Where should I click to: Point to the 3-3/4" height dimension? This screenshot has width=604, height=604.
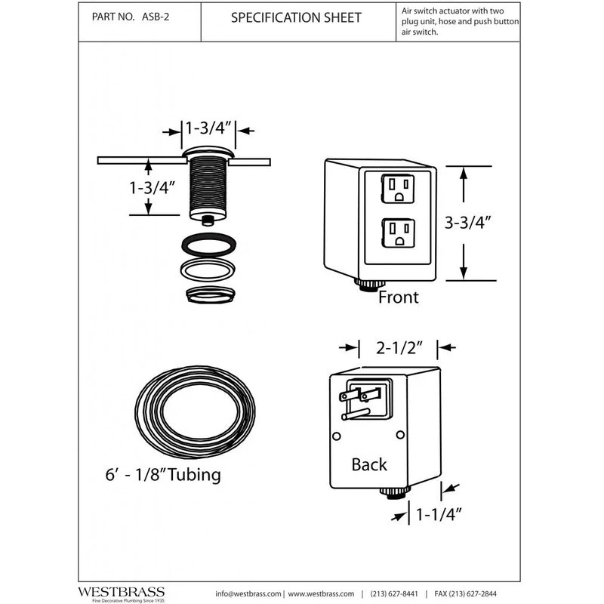[468, 223]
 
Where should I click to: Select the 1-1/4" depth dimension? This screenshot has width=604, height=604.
[439, 515]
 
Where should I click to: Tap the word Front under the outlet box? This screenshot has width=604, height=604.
[398, 297]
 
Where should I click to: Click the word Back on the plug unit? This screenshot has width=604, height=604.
[369, 464]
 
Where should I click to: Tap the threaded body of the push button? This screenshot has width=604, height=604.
[208, 185]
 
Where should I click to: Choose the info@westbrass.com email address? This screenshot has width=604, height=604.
[248, 593]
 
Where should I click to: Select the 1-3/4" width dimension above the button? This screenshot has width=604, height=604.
[210, 128]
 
